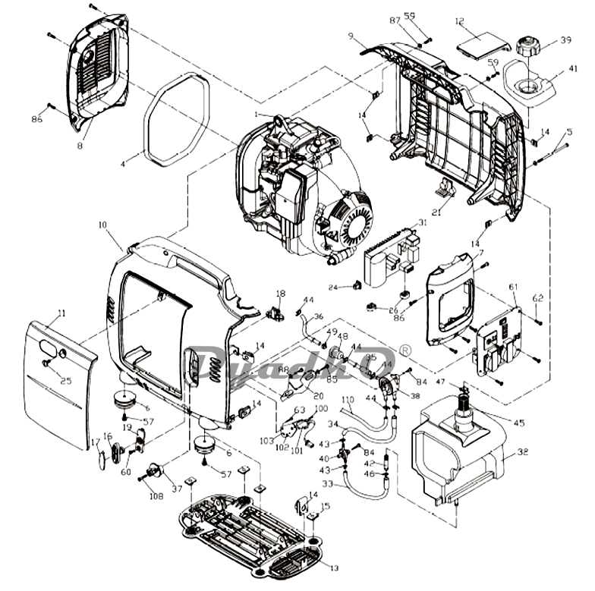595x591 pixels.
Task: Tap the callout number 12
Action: click(x=480, y=21)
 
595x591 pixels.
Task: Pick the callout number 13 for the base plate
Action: click(x=335, y=567)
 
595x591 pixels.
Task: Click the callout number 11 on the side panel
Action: click(x=61, y=313)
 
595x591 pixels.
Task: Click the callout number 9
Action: click(x=351, y=36)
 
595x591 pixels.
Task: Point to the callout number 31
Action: click(x=423, y=222)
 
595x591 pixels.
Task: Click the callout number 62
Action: click(x=537, y=298)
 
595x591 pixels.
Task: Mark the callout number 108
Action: click(x=156, y=497)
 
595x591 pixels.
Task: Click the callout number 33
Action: click(x=328, y=483)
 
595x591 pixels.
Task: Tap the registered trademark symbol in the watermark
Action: click(x=405, y=351)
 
